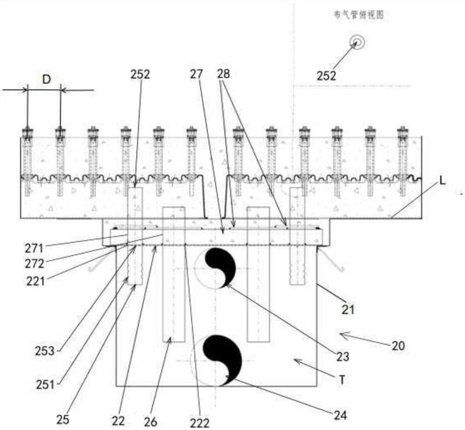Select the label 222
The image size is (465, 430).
(x=201, y=422)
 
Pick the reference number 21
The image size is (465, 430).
(x=348, y=310)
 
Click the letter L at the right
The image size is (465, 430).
(x=442, y=181)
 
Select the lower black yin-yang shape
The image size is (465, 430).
(x=224, y=357)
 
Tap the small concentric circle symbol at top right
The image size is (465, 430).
(x=356, y=41)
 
